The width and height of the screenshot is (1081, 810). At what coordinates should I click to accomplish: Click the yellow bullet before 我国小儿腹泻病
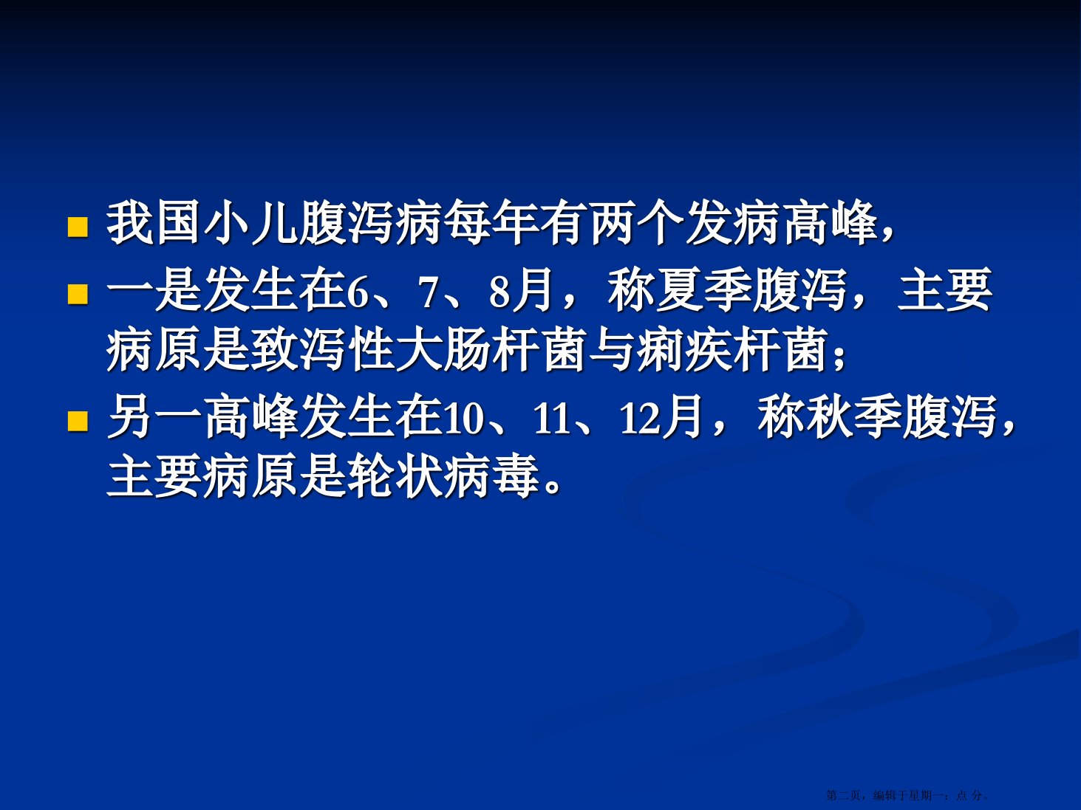[78, 227]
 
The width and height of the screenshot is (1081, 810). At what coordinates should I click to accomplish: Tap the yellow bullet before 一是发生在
[78, 294]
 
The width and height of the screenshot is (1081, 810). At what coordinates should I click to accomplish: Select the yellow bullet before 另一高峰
[78, 421]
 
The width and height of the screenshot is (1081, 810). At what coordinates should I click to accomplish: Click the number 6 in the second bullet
[358, 292]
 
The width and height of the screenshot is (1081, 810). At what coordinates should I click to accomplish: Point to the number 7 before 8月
[429, 292]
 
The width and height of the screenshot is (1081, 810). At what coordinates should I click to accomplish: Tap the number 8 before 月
[500, 292]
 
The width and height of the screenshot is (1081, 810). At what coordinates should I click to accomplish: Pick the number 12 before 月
[639, 419]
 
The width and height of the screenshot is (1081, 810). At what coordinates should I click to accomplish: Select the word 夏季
[704, 291]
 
